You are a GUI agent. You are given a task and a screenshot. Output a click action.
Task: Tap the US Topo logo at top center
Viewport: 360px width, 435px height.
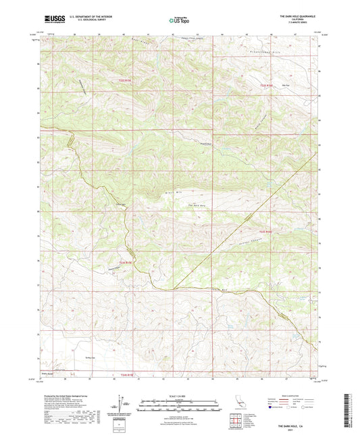click(179, 21)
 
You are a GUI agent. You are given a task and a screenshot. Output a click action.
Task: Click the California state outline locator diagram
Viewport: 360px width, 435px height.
click(238, 405)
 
